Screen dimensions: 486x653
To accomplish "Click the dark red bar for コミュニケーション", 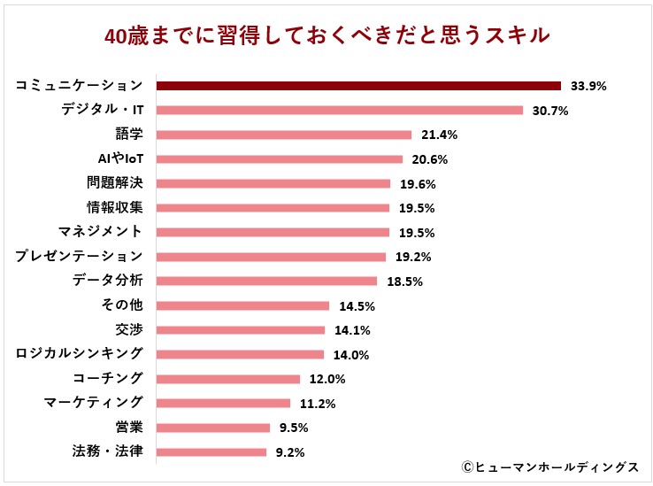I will tap(358, 86).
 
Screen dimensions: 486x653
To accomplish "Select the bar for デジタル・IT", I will tap(340, 111).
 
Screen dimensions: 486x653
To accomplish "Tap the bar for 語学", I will tap(284, 135).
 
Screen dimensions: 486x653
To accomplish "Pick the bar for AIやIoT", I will tap(280, 159).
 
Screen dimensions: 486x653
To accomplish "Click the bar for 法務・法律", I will tap(211, 451).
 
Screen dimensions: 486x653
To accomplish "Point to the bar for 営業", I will tap(213, 428).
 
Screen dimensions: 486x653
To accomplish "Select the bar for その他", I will tap(242, 305).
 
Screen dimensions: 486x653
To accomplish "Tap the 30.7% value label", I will tap(549, 112).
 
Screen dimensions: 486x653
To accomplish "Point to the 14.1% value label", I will tap(351, 331).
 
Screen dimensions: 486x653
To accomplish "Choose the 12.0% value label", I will tap(326, 380).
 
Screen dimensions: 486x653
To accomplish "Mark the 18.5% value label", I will tap(403, 282).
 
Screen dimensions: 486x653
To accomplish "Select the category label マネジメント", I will tap(100, 232).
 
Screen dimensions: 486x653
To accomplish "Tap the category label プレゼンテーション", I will tap(79, 257).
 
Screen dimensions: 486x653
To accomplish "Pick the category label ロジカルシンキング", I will tap(79, 354).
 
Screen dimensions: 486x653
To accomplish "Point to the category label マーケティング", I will tap(93, 403).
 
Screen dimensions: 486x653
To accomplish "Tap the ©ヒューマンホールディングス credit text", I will tap(549, 467).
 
